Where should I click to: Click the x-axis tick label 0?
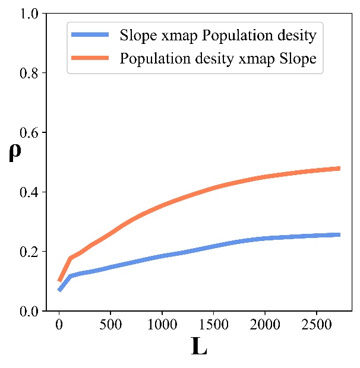click(59, 325)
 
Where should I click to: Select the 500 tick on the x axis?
click(110, 325)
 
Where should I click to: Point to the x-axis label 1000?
click(162, 325)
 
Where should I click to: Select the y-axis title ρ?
click(14, 153)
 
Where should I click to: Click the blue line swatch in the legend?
click(93, 36)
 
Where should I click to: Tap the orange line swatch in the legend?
click(93, 59)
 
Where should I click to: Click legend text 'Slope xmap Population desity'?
click(218, 36)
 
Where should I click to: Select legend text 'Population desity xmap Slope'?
click(218, 59)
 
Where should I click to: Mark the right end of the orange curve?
click(339, 169)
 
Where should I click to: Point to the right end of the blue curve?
click(339, 235)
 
